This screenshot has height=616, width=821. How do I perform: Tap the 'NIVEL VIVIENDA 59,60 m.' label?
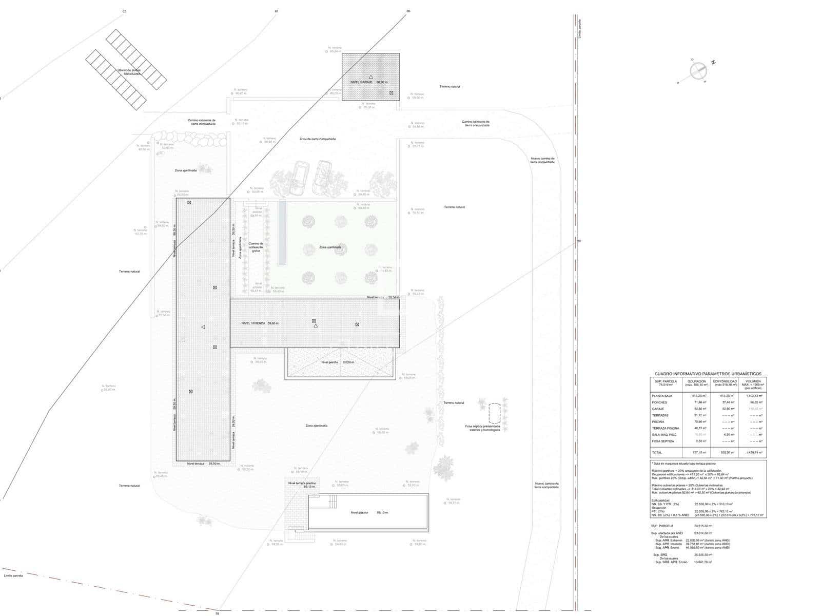coord(260,323)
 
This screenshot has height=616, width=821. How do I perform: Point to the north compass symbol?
coord(698,71)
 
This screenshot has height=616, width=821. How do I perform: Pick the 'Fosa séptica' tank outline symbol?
coord(495,413)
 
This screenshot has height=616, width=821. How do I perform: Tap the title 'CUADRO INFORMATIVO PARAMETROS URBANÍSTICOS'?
coord(708,374)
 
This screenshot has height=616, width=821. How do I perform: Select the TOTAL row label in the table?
coord(657,453)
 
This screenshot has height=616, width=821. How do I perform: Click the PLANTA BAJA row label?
coord(661,396)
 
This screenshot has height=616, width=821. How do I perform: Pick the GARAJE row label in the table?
coord(658,409)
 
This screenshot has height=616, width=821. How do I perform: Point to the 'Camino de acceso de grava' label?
coord(256,247)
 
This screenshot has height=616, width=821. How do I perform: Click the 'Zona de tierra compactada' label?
coord(318,139)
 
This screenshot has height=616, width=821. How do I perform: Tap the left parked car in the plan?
coord(299,178)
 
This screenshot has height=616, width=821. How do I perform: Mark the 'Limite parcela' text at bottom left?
coord(13,575)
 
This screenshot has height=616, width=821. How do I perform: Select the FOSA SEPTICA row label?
coord(663,441)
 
